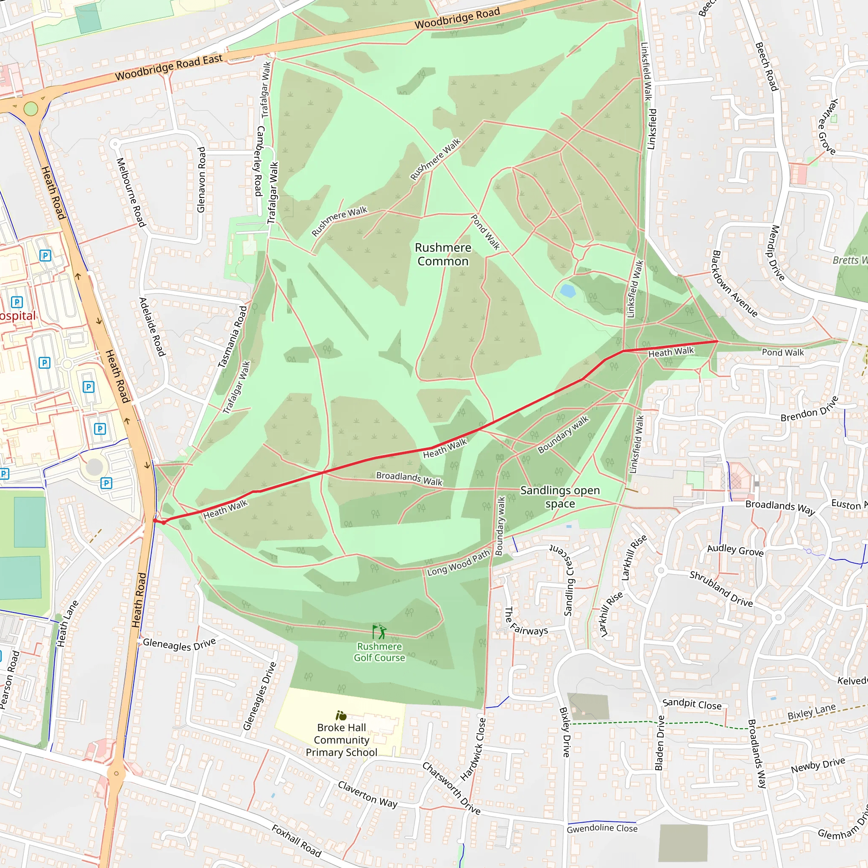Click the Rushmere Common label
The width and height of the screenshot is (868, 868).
pyautogui.click(x=442, y=254)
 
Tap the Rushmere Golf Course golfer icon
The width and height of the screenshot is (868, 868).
pyautogui.click(x=379, y=632)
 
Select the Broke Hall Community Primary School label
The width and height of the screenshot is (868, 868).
pyautogui.click(x=342, y=740)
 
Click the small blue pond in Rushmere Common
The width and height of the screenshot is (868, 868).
pyautogui.click(x=568, y=291)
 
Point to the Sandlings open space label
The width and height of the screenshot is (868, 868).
pyautogui.click(x=560, y=496)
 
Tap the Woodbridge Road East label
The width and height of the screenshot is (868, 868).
pyautogui.click(x=169, y=67)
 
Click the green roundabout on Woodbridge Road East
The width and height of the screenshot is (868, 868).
pyautogui.click(x=31, y=109)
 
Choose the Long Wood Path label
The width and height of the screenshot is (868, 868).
pyautogui.click(x=458, y=563)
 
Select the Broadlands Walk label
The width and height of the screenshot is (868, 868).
pyautogui.click(x=409, y=479)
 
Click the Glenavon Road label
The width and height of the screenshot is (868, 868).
pyautogui.click(x=201, y=180)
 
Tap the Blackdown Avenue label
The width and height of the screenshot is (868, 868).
pyautogui.click(x=734, y=284)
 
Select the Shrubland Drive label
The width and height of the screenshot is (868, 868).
pyautogui.click(x=721, y=589)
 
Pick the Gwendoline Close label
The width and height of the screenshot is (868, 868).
pyautogui.click(x=602, y=828)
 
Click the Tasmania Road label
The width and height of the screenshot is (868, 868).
pyautogui.click(x=232, y=337)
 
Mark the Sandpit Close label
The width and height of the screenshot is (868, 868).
pyautogui.click(x=692, y=704)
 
